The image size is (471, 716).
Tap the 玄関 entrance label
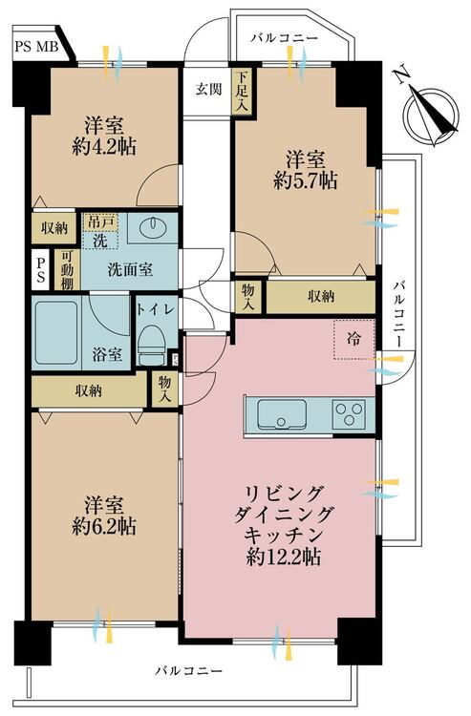pos(209,89)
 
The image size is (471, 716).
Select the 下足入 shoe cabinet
pos(242,92)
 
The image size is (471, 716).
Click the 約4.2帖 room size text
pos(104,147)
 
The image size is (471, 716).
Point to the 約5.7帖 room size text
pos(306,180)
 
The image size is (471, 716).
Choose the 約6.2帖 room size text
pos(104,526)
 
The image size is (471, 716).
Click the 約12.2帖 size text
pos(283,557)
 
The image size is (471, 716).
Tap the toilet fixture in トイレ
pos(152,346)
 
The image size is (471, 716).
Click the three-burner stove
pos(349,414)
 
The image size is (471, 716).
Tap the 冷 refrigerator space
pos(354,339)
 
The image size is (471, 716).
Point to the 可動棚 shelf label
pos(67,269)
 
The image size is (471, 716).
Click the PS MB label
pos(37,46)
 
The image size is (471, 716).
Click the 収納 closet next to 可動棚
pos(54,228)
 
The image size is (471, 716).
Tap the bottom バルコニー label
pos(188,671)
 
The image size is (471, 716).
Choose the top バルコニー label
pos(284,37)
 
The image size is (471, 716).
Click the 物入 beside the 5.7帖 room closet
pos(248,296)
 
